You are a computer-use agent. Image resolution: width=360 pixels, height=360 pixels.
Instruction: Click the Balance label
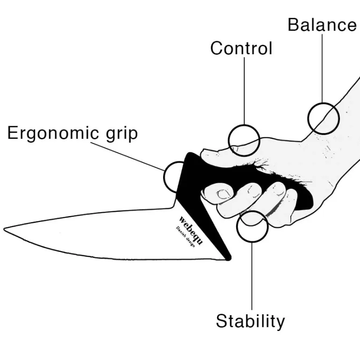pyautogui.click(x=322, y=25)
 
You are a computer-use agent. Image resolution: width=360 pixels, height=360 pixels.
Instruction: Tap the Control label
pyautogui.click(x=241, y=48)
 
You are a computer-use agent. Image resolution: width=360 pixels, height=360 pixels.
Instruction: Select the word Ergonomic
pyautogui.click(x=53, y=133)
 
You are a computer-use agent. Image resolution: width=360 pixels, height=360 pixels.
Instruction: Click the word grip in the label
pyautogui.click(x=122, y=134)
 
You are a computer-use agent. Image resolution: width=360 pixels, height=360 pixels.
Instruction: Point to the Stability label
pyautogui.click(x=250, y=321)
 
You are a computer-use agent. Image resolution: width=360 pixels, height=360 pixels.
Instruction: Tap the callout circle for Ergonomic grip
pyautogui.click(x=165, y=177)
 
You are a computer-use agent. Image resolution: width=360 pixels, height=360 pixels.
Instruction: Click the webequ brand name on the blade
pyautogui.click(x=191, y=230)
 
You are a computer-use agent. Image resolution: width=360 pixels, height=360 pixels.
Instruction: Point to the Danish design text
pyautogui.click(x=186, y=237)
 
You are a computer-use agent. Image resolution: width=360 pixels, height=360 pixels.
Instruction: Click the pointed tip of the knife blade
pyautogui.click(x=4, y=229)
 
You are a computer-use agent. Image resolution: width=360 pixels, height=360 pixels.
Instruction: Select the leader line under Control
pyautogui.click(x=244, y=91)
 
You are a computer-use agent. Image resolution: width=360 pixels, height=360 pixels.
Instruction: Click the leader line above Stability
pyautogui.click(x=252, y=276)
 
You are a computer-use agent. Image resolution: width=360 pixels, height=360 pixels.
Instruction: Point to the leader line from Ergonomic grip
pyautogui.click(x=128, y=156)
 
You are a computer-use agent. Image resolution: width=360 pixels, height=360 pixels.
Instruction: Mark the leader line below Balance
pyautogui.click(x=322, y=68)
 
